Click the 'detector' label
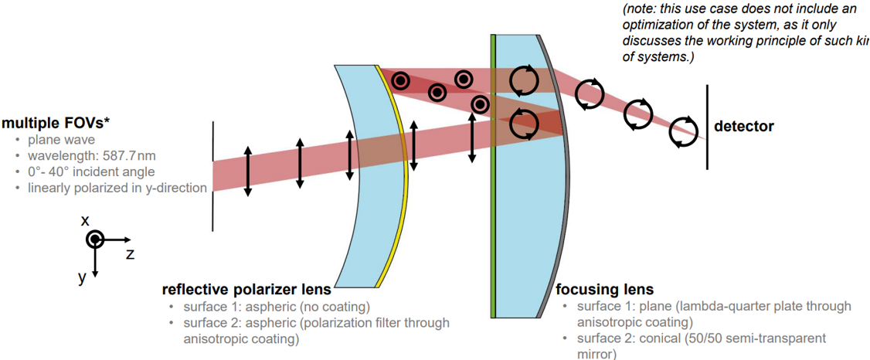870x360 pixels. click(x=743, y=126)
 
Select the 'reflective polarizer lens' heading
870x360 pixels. click(x=246, y=290)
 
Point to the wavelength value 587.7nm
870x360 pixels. click(x=124, y=156)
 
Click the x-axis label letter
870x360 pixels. click(x=86, y=221)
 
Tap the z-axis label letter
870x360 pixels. click(x=130, y=253)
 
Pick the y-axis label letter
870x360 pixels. click(x=82, y=277)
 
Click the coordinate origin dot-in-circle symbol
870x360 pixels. click(x=94, y=239)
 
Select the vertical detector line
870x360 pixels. click(x=706, y=127)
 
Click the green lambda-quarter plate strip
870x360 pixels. click(x=492, y=178)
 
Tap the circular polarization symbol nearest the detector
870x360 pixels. click(x=683, y=131)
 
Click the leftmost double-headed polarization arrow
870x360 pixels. click(x=247, y=171)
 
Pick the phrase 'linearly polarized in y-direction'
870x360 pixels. click(x=117, y=188)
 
